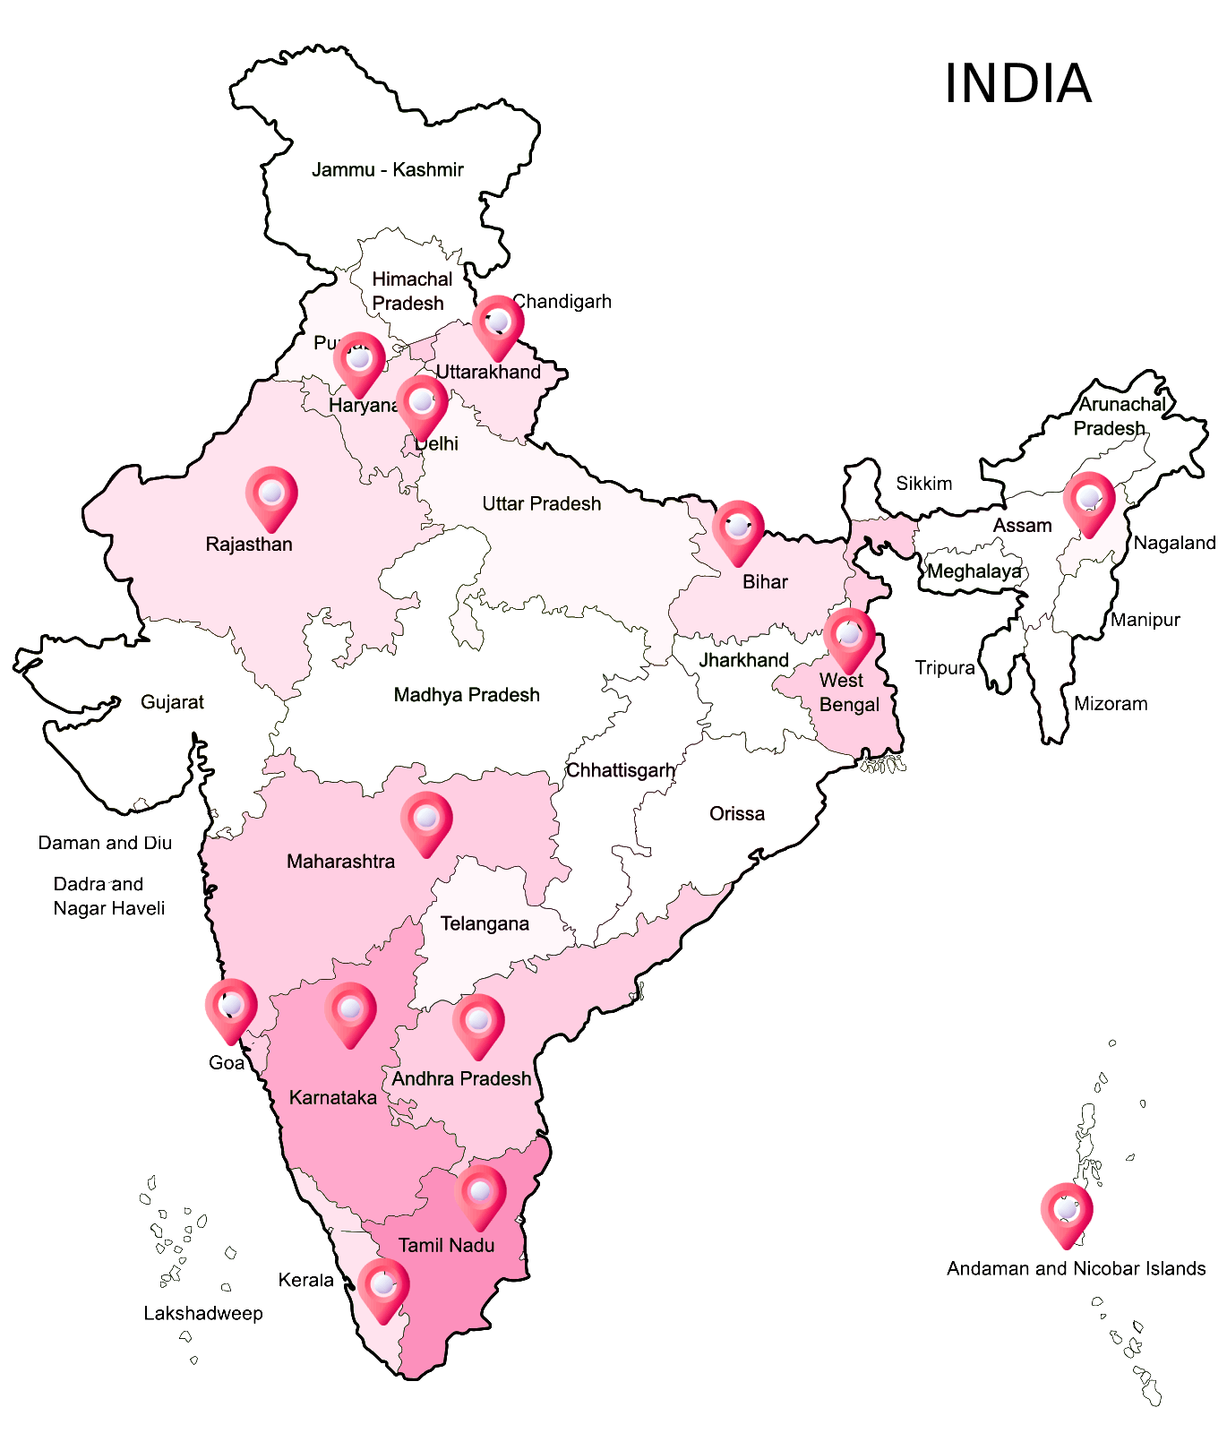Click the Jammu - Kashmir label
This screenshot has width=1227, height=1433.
coord(387,170)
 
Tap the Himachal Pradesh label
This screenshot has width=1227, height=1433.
coord(410,291)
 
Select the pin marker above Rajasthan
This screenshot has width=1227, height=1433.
coord(271,495)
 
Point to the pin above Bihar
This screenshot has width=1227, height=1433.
coord(738,529)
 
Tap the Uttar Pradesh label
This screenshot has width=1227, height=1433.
coord(541,504)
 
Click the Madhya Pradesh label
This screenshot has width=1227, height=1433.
coord(467,695)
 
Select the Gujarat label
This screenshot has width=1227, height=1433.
coord(172,702)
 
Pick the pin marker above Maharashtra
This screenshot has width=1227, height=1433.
coord(426,820)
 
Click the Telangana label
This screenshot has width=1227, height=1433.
coord(485,923)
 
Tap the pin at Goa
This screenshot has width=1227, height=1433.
coord(231,1008)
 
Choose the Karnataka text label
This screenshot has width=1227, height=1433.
coord(332,1098)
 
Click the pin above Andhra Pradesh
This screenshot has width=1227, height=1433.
coord(478,1023)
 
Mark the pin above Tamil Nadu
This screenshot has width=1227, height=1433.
coord(480,1194)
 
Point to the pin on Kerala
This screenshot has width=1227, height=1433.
coord(383,1287)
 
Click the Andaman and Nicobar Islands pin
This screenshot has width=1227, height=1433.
coord(1066,1212)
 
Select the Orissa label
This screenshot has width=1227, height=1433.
coord(737,814)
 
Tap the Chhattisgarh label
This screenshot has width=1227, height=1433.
coord(621,770)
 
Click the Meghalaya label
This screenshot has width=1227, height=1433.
coord(974,571)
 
